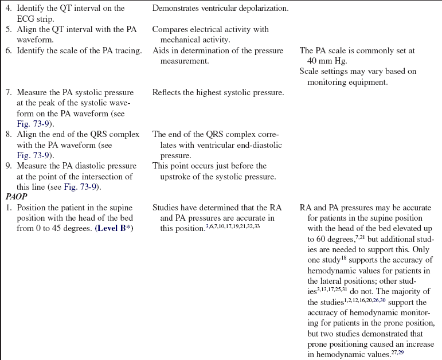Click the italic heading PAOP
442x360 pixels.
(x=17, y=197)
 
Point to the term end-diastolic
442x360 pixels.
(x=257, y=146)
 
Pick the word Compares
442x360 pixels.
(x=170, y=29)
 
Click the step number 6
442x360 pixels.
(x=9, y=50)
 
